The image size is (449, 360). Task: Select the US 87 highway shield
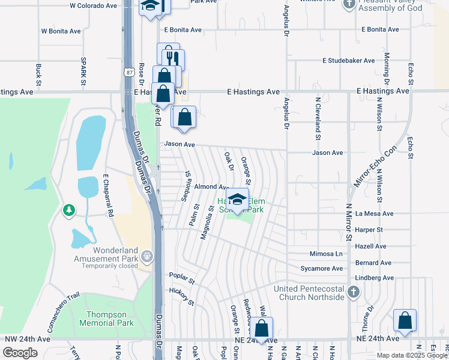[x=129, y=72]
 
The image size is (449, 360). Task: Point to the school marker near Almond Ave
[x=238, y=200]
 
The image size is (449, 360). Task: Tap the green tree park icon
[x=70, y=210]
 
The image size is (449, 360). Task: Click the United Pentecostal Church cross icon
[x=354, y=292]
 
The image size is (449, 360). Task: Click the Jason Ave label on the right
[x=327, y=153]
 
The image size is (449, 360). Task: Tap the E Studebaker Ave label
[x=348, y=61]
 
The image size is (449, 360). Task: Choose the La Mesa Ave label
[x=374, y=214]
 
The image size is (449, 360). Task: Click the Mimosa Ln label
[x=326, y=254]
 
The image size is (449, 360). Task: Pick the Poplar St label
[x=182, y=281]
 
